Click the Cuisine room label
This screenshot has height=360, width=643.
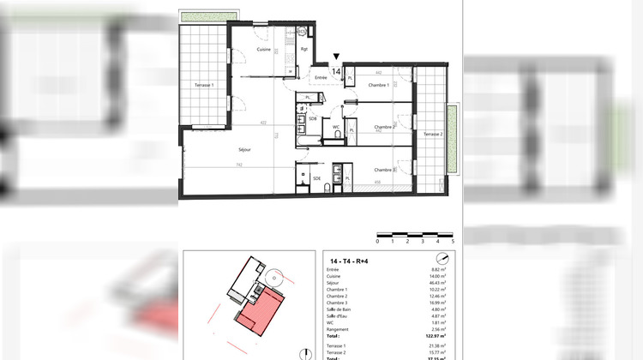coord(264,50)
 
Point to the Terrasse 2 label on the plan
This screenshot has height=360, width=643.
coord(433,135)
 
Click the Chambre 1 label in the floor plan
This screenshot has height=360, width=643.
coord(379,85)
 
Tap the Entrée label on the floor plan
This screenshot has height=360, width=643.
coord(321,78)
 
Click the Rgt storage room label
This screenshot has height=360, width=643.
coord(304,49)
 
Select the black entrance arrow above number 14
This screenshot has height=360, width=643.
coord(336,57)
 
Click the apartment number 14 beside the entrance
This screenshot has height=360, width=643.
coord(336,72)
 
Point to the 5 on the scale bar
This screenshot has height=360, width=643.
coord(451,243)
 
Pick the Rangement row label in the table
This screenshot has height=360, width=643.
coord(340,329)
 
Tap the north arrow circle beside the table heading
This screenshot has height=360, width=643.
coord(442,260)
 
